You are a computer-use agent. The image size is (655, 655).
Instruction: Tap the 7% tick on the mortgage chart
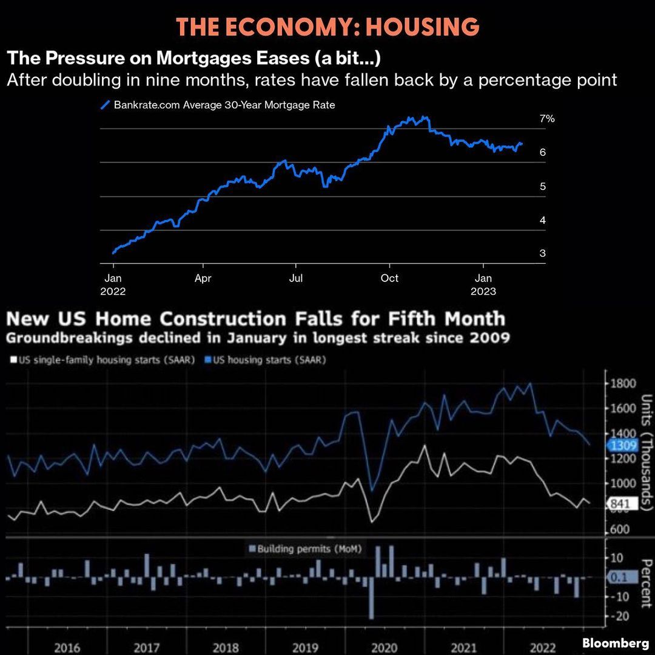click(x=547, y=119)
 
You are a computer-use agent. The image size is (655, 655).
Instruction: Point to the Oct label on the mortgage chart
click(x=389, y=278)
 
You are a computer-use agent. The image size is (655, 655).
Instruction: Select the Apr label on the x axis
click(x=203, y=278)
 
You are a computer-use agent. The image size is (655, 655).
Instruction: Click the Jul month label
click(x=296, y=278)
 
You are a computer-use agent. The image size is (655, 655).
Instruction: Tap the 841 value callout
click(x=620, y=503)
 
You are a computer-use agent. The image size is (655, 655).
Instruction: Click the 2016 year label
click(x=67, y=647)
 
